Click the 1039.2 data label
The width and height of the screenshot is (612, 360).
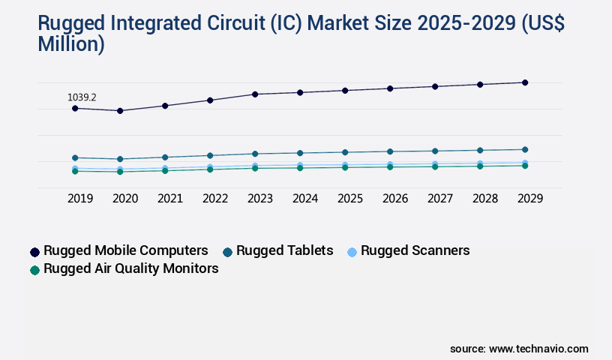(82, 97)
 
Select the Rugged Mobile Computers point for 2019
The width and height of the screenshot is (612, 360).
(75, 109)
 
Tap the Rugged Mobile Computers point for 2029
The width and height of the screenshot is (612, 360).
(525, 82)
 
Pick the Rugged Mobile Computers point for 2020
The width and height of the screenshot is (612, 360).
(120, 111)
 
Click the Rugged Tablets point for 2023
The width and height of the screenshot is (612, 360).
(255, 154)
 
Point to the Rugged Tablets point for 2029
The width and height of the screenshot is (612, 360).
(525, 149)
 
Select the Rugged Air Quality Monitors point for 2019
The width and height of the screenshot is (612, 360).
(75, 172)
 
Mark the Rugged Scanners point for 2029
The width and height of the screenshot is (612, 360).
(525, 163)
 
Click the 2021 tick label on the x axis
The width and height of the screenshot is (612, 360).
(170, 199)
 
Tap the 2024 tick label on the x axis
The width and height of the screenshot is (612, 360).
(305, 199)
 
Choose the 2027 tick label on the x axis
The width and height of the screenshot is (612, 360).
(440, 199)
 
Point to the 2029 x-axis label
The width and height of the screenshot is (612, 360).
(530, 199)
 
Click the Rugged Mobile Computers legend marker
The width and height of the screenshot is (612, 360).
(34, 252)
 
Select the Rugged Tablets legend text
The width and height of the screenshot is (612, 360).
(284, 250)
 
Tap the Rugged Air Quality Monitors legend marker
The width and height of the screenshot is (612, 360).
(34, 269)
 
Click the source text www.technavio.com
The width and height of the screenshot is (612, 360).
(538, 349)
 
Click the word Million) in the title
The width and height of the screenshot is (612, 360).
(71, 44)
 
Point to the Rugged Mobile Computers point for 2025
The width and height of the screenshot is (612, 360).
(345, 91)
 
